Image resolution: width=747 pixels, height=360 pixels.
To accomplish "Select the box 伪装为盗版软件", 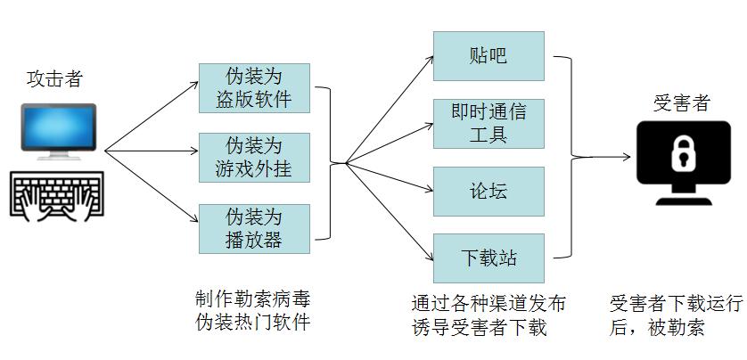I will click(254, 88).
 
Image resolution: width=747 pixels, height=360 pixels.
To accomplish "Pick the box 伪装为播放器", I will click(254, 228).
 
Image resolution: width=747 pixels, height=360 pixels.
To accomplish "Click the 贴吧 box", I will click(488, 55).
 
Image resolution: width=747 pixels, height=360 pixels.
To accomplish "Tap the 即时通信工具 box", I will click(488, 123).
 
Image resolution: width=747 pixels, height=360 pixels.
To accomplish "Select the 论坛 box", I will click(488, 192).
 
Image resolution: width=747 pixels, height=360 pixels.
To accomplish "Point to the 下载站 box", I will click(488, 259).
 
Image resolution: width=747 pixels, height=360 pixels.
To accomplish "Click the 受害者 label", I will click(682, 102).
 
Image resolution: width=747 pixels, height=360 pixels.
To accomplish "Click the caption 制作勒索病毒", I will click(253, 298).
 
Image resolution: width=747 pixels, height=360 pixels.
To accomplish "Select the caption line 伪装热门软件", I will click(253, 322).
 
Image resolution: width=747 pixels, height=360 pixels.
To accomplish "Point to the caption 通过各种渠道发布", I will click(488, 303).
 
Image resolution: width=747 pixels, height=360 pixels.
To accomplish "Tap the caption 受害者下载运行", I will click(676, 303).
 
